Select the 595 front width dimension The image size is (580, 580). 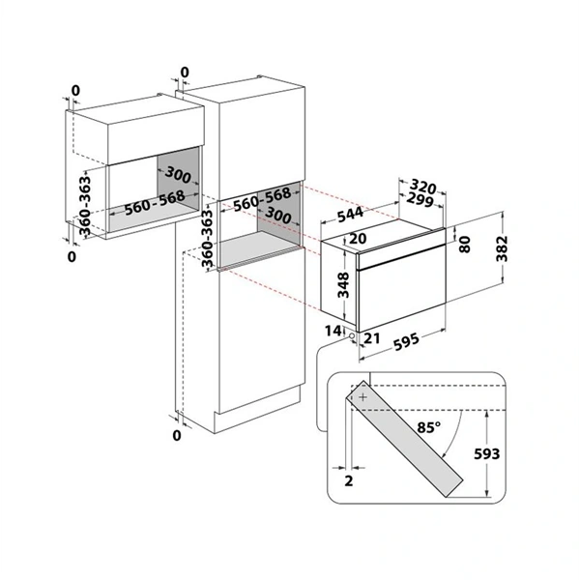(399, 340)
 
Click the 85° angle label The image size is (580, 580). (428, 426)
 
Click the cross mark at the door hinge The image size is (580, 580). (363, 396)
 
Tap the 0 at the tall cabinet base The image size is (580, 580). (176, 436)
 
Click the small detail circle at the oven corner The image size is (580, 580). (354, 338)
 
